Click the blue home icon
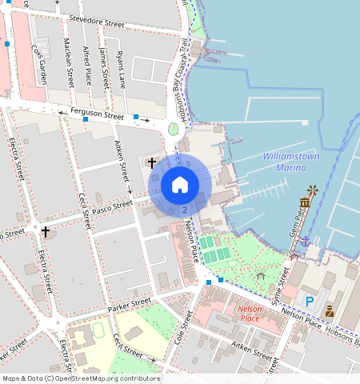pos(180,185)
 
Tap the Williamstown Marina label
pos(290,162)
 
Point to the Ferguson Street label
pos(97,116)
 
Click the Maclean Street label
pos(70,64)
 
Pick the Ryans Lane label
pos(120,69)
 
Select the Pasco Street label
pos(111,206)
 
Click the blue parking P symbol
pos(310,302)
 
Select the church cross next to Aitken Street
pos(151,162)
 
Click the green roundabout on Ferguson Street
pos(173,129)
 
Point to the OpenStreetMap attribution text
pos(80,378)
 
